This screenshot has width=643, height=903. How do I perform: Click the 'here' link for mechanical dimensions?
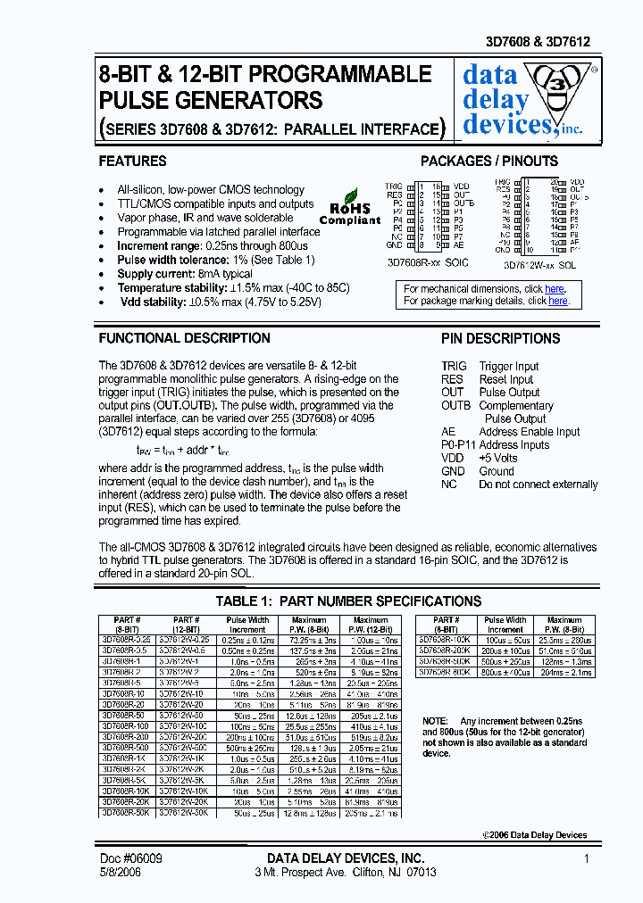(x=555, y=289)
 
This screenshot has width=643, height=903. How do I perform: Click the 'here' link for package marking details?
(x=558, y=302)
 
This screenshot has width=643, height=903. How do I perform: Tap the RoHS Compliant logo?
(x=350, y=206)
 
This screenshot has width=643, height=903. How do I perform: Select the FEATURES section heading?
(x=132, y=162)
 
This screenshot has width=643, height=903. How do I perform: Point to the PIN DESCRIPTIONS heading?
(x=500, y=339)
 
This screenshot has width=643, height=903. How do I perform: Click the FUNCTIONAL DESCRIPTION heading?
(x=184, y=339)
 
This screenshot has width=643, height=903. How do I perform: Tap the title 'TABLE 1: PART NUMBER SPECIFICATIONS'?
(x=348, y=601)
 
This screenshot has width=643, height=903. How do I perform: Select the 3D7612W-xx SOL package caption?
(x=540, y=264)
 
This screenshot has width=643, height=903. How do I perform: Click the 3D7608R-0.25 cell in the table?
(x=127, y=640)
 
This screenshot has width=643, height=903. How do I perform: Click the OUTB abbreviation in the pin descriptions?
(x=455, y=406)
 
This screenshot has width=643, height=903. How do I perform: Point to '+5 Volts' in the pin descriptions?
(x=498, y=458)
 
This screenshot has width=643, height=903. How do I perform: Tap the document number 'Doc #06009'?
(x=130, y=858)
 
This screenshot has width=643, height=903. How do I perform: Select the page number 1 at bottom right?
(x=587, y=858)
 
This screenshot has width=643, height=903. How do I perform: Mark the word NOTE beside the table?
(x=436, y=720)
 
